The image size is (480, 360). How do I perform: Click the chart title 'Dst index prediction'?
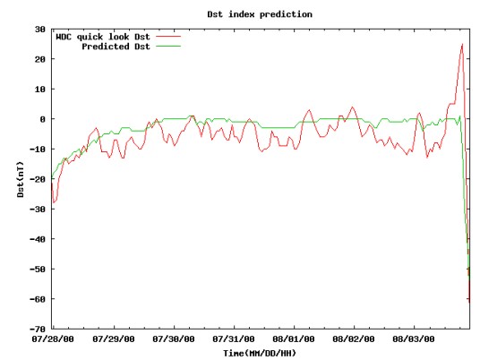point(260,14)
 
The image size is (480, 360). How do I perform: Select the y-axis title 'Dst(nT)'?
point(21,179)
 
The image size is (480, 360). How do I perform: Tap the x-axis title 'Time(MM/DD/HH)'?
point(260,353)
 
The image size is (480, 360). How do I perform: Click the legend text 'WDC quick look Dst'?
point(103,37)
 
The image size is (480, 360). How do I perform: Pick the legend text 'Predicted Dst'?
point(116,47)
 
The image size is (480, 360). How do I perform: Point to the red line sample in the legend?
point(168,37)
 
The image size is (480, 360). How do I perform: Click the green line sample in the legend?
point(168,47)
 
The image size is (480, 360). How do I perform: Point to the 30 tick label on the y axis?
point(40,30)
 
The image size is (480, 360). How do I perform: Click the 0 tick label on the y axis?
point(43,119)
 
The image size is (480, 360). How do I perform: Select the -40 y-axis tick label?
point(38,239)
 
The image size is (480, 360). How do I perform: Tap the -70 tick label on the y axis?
point(38,329)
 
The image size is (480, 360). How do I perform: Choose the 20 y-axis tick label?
point(40,59)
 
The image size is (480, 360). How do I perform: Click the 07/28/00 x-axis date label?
point(53,339)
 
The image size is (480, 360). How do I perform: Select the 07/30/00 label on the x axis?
point(173,339)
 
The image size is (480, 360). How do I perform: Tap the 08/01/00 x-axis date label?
point(294,339)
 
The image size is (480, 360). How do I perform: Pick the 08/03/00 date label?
point(414,339)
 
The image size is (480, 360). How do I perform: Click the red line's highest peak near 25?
point(462,45)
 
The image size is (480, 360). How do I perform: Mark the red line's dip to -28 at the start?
point(54,202)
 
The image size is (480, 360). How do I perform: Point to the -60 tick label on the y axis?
point(38,299)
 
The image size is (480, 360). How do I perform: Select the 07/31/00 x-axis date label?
point(233,339)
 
